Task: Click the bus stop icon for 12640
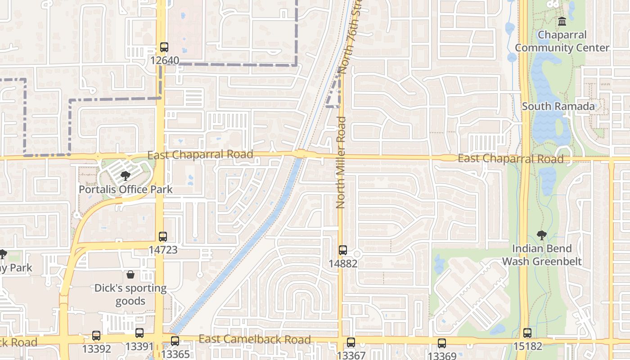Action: (164, 47)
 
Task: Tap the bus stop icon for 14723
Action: (163, 237)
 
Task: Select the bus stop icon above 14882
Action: (343, 250)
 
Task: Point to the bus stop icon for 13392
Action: (96, 336)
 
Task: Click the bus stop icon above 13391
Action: (139, 333)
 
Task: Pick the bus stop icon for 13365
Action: (175, 341)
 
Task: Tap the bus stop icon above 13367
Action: (351, 342)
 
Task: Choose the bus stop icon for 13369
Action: (442, 343)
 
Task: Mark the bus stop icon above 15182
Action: (527, 333)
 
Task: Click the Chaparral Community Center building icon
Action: (562, 21)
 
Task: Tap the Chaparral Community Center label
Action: (562, 41)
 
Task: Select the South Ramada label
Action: (558, 107)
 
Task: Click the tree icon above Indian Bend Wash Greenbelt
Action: (542, 235)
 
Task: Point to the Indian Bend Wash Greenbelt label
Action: (542, 255)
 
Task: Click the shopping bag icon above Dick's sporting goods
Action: (130, 274)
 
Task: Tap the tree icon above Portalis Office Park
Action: (126, 176)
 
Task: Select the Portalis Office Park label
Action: (126, 189)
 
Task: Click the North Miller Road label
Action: (341, 162)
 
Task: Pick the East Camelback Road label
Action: (255, 339)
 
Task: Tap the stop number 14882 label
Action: (343, 263)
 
